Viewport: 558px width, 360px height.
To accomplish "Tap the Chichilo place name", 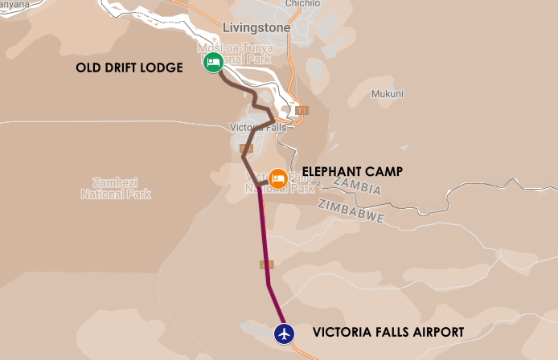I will coord(303,4).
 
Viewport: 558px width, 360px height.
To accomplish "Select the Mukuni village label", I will coord(387,93).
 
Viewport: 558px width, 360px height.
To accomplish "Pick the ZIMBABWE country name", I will coord(351,211).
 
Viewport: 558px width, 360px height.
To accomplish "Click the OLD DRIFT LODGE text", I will coord(129,67).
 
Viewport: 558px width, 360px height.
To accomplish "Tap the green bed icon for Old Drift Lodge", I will coord(213,62).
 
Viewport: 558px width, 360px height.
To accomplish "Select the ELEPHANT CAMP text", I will coord(348,171).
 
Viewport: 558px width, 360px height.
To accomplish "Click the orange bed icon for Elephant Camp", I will coord(278,178).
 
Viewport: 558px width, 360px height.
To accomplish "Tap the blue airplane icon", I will coord(284,333).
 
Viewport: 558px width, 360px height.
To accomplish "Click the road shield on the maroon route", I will coord(267,264).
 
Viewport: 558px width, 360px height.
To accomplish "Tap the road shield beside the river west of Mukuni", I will coord(302,110).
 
